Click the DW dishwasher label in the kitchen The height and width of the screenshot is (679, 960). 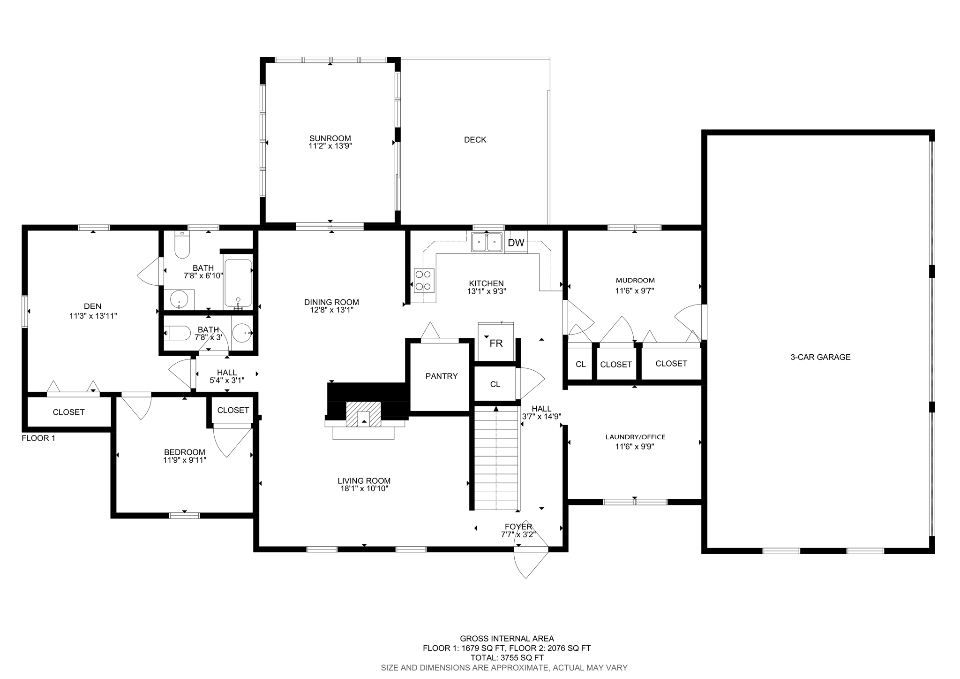click(x=516, y=243)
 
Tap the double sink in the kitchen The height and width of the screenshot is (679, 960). click(x=487, y=243)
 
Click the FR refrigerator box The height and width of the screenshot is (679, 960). click(x=495, y=343)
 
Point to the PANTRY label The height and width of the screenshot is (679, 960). click(x=441, y=376)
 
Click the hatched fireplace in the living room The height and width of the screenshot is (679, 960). click(x=364, y=414)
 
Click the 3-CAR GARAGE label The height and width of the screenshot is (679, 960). click(x=820, y=357)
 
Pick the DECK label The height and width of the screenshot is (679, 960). click(x=475, y=140)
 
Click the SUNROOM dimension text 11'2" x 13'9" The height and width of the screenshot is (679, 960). click(x=330, y=146)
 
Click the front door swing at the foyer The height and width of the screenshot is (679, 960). click(x=530, y=561)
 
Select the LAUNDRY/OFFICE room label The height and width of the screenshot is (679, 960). click(x=635, y=437)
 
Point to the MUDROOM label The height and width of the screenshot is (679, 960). click(x=635, y=281)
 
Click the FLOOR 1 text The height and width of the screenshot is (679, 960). click(x=38, y=438)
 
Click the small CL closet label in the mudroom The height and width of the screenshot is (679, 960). click(x=580, y=364)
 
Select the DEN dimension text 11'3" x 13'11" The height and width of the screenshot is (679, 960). click(x=93, y=316)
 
